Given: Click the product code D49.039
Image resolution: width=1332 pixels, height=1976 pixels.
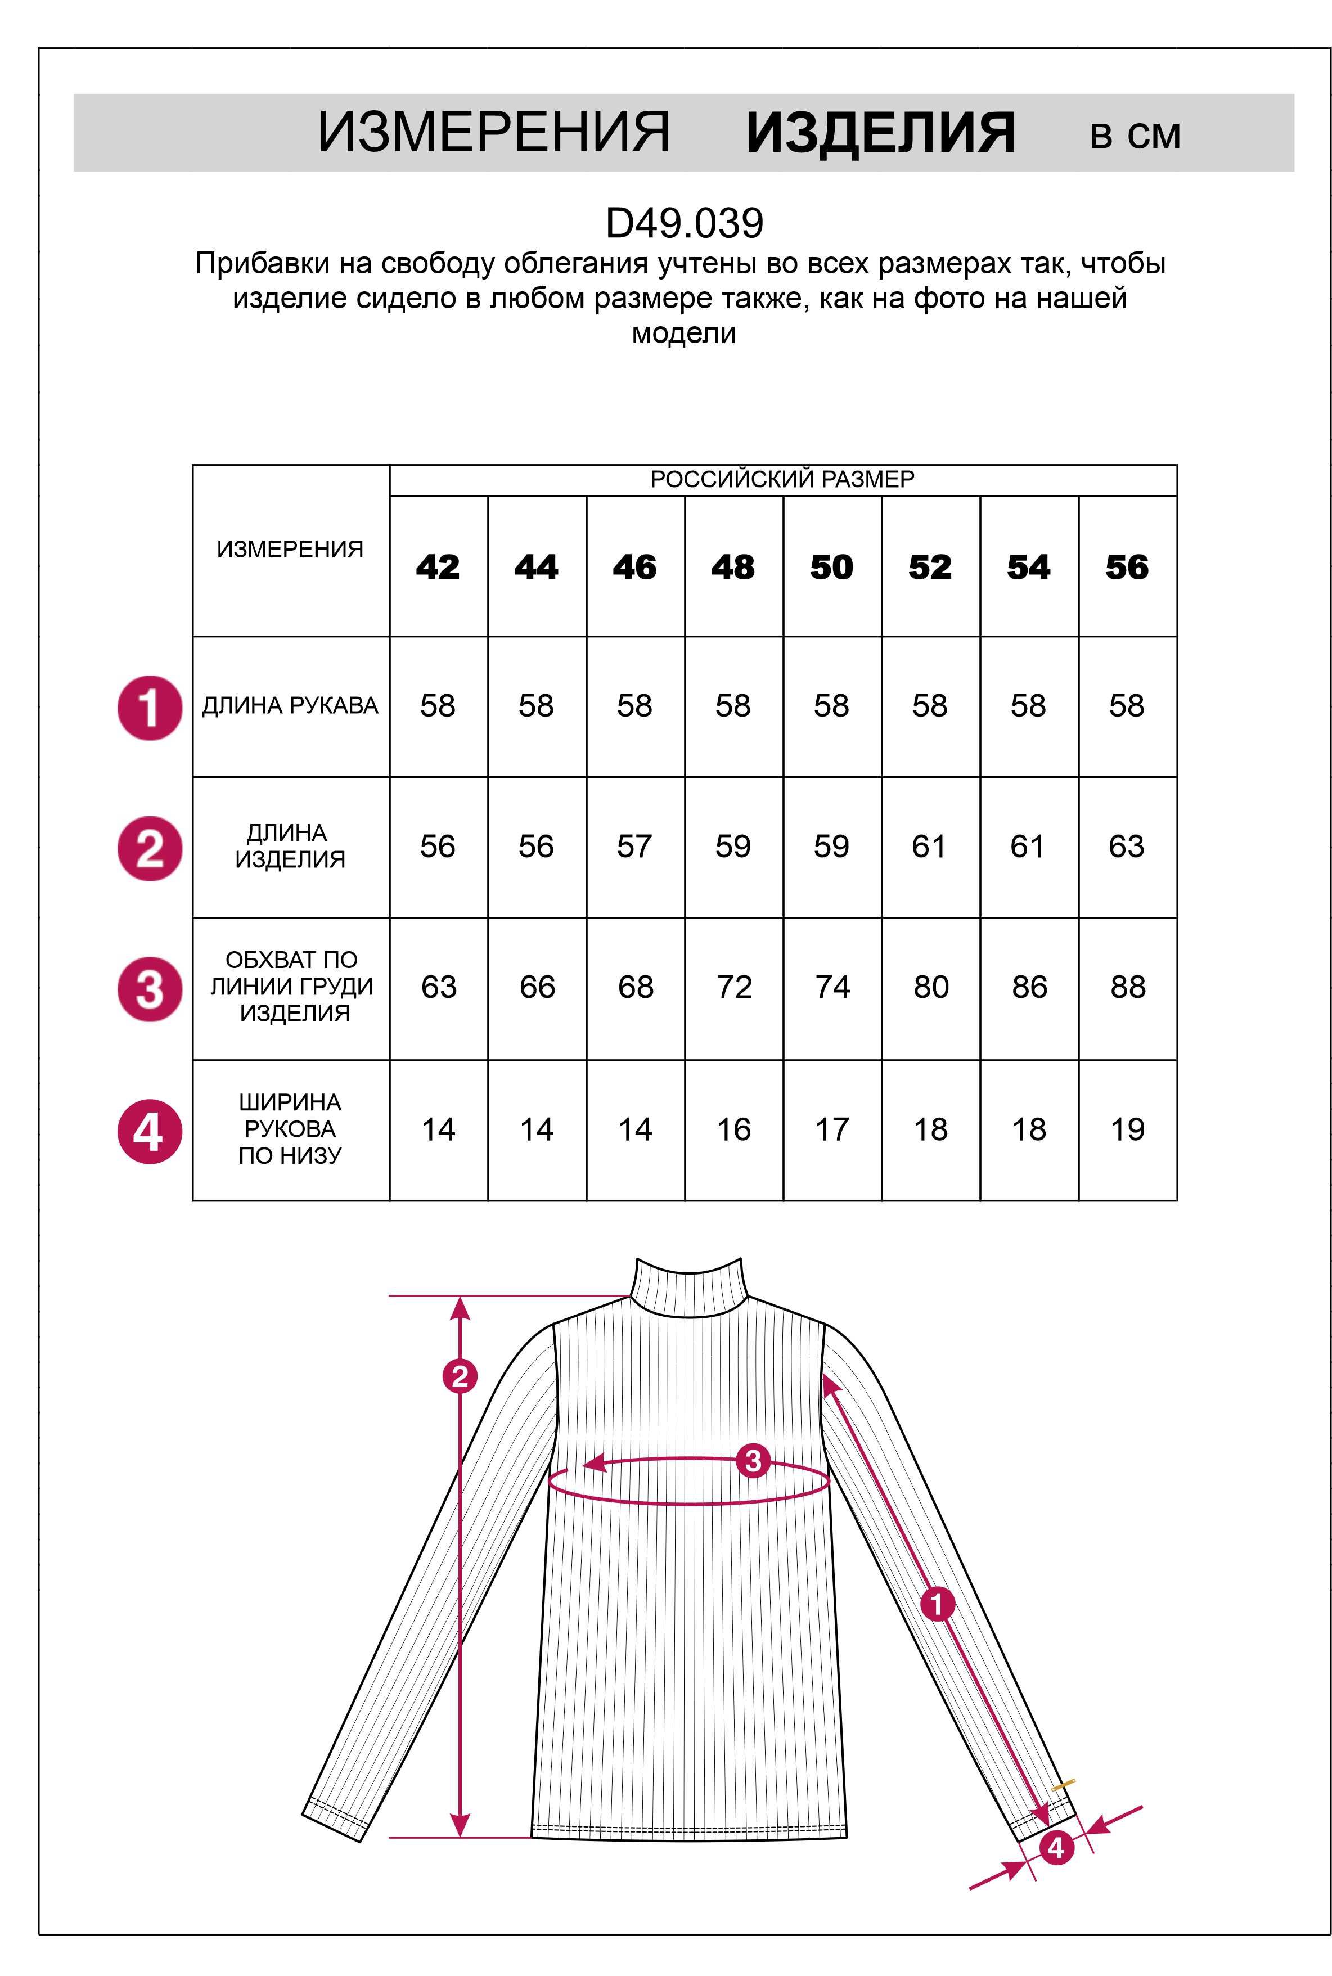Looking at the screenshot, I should pyautogui.click(x=684, y=223).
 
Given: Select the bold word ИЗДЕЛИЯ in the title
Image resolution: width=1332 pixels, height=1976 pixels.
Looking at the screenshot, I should pyautogui.click(x=880, y=133).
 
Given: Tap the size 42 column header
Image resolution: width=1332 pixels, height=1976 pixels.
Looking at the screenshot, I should pyautogui.click(x=438, y=566).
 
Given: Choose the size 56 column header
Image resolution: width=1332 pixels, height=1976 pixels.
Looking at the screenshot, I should pyautogui.click(x=1127, y=566).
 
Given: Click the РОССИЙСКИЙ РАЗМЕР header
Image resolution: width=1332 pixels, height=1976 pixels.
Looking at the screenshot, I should pyautogui.click(x=782, y=480).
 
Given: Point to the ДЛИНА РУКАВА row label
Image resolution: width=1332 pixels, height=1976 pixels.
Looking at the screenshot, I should pyautogui.click(x=290, y=706).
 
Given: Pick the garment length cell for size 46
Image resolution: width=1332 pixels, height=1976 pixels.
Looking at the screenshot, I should pyautogui.click(x=634, y=846).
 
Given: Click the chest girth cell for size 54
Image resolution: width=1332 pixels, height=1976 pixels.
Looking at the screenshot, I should pyautogui.click(x=1029, y=987).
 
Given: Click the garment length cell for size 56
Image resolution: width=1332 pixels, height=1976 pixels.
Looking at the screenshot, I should pyautogui.click(x=1127, y=846).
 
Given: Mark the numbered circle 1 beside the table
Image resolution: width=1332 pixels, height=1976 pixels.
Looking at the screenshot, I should pyautogui.click(x=150, y=708).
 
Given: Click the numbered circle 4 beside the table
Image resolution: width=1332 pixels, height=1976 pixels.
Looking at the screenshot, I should pyautogui.click(x=150, y=1132).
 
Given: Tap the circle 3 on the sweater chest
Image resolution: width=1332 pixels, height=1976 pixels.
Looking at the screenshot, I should pyautogui.click(x=753, y=1461).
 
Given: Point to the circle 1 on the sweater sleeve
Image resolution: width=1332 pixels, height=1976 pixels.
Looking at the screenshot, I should pyautogui.click(x=938, y=1604).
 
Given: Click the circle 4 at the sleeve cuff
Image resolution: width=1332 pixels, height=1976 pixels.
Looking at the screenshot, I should pyautogui.click(x=1056, y=1848).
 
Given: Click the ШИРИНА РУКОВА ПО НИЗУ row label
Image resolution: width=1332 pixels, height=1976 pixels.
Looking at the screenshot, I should pyautogui.click(x=290, y=1129).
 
